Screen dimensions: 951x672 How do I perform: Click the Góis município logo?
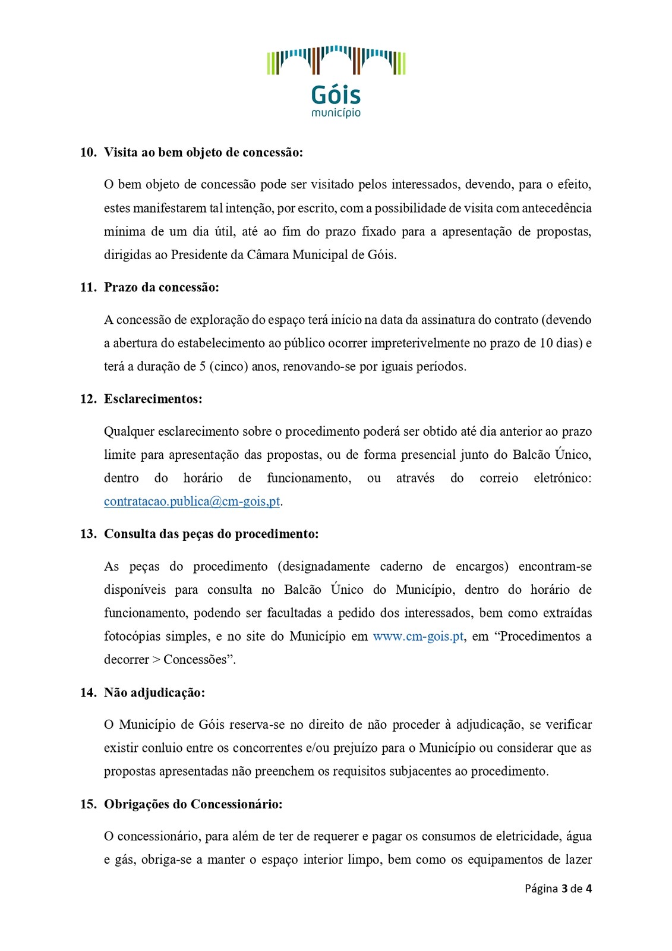coord(336,81)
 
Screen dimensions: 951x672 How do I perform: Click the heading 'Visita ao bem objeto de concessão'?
coord(203,152)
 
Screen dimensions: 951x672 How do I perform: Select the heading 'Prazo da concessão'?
coord(162,287)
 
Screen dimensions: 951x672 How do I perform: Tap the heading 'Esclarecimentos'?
coord(153,399)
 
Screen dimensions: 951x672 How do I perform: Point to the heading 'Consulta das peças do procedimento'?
coord(211,534)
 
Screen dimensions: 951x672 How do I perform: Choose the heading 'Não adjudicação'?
coord(154,692)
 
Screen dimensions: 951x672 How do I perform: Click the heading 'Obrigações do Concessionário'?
coord(193,804)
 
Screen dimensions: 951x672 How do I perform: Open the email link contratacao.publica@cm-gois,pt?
coord(192,501)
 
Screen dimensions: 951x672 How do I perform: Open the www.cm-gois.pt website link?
coord(418,636)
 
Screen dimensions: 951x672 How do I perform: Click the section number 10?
coord(88,152)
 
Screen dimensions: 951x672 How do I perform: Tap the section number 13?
coord(88,534)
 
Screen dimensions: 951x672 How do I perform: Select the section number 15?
coord(88,804)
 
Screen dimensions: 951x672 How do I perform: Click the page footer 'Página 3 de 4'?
coord(558,889)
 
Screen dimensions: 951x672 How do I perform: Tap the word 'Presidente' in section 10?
coord(201,254)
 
